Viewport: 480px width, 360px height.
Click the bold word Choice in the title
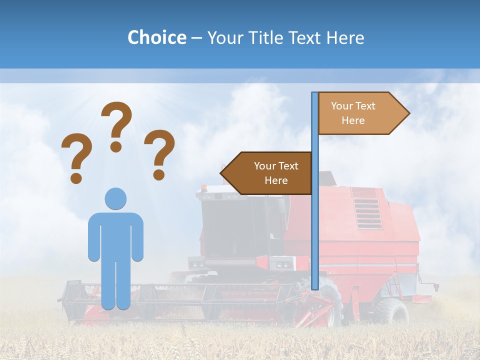[156, 37]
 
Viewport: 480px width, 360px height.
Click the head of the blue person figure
[115, 198]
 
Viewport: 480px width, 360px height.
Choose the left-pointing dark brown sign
[267, 173]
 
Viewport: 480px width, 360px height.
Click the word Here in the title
[345, 37]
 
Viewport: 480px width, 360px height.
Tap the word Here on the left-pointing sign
[276, 180]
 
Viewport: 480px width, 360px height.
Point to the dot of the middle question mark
[116, 146]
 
